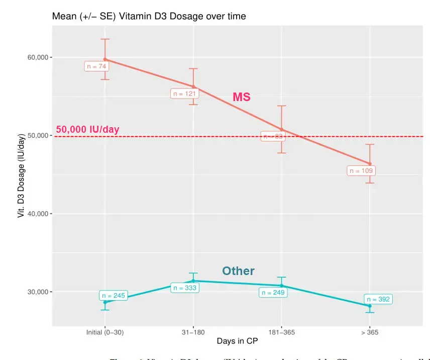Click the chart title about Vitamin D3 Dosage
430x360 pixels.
click(x=149, y=16)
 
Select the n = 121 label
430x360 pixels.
click(x=185, y=94)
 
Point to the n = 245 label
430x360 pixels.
click(x=113, y=296)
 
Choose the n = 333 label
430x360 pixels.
click(x=185, y=288)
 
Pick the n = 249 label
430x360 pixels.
click(x=273, y=293)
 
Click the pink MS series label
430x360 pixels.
click(x=241, y=97)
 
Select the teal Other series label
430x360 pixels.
click(x=238, y=271)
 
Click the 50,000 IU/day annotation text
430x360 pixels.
click(x=87, y=129)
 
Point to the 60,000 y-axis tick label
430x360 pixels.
click(x=38, y=57)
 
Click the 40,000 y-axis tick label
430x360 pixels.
click(x=38, y=214)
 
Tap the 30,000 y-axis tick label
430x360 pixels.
click(x=38, y=292)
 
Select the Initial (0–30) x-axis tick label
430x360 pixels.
click(x=105, y=332)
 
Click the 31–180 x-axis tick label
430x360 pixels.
click(x=193, y=332)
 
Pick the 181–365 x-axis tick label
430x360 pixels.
click(x=281, y=332)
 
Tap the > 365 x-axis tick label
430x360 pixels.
click(x=370, y=332)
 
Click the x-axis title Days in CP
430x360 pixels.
click(x=238, y=341)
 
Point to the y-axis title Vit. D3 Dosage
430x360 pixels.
click(x=21, y=175)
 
